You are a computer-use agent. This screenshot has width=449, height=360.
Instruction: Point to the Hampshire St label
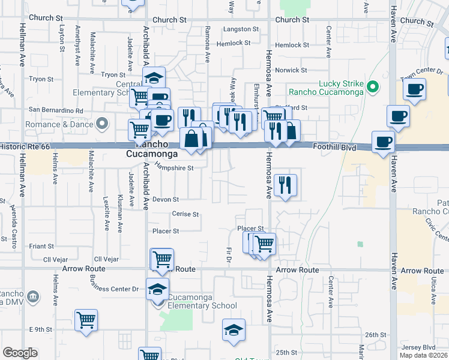174,168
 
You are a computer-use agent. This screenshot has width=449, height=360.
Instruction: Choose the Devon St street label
166,199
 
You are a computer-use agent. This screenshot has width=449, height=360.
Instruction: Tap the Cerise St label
185,214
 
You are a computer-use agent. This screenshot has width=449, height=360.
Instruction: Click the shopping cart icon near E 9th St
86,319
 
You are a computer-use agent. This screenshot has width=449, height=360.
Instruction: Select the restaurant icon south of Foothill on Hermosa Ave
285,184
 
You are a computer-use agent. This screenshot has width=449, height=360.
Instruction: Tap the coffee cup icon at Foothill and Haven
382,143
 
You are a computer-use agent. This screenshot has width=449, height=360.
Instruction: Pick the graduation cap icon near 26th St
234,329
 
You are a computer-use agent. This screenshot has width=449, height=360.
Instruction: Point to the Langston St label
241,29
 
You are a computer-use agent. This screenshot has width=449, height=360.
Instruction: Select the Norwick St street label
291,70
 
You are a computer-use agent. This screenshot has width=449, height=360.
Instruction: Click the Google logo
20,353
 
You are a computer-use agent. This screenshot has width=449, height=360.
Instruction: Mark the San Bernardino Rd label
56,110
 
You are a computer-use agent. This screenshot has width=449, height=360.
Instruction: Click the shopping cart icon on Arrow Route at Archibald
162,259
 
